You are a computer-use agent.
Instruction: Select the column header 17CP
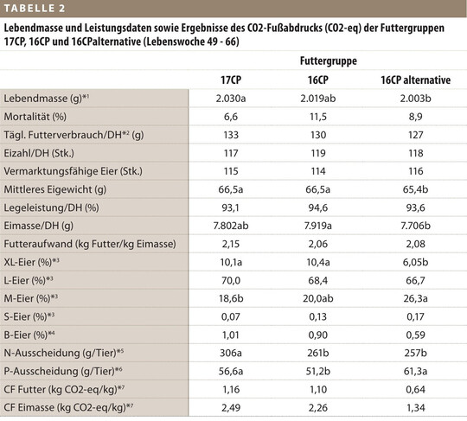click(x=231, y=80)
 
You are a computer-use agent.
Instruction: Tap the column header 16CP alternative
click(x=416, y=80)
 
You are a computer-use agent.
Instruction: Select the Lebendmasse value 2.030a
click(x=231, y=99)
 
